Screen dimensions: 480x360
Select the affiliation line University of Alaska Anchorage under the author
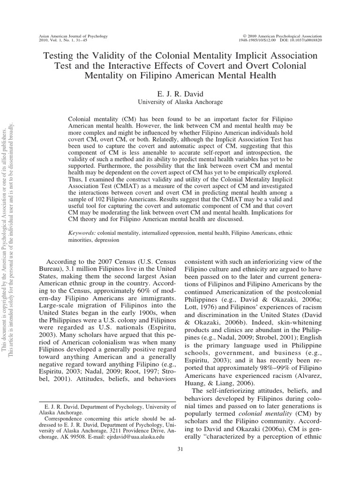coord(180,101)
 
